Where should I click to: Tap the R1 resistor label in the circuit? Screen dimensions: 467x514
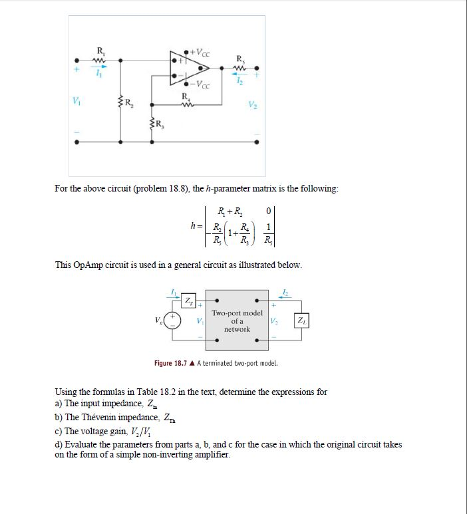[100, 51]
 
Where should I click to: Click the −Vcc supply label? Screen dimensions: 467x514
[200, 85]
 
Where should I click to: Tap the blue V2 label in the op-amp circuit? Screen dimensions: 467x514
[251, 103]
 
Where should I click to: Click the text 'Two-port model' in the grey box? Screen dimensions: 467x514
[237, 313]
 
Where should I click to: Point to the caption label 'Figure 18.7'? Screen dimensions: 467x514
[171, 363]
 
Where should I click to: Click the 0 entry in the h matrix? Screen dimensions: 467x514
[267, 211]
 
